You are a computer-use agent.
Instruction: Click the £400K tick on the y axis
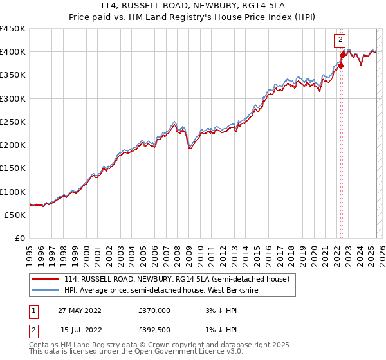[x=13, y=51]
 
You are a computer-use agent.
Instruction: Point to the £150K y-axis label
[x=13, y=168]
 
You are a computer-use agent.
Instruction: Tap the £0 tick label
[x=20, y=238]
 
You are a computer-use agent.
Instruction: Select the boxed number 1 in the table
[x=33, y=310]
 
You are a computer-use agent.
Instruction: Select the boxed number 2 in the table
[x=33, y=330]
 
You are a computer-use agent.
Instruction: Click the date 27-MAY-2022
[x=80, y=310]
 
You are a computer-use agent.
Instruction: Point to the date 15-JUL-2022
[x=80, y=330]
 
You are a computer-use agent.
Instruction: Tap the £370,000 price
[x=154, y=310]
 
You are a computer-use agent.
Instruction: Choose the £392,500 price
[x=154, y=330]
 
